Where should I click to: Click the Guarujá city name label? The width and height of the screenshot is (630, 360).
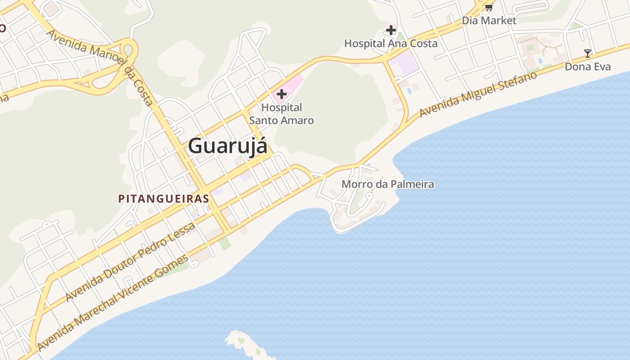point(227,146)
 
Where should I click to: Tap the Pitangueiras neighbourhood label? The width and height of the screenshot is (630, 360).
point(164,198)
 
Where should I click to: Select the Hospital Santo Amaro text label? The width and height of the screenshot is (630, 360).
point(282,114)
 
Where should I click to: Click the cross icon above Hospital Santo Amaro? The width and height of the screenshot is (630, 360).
point(282,94)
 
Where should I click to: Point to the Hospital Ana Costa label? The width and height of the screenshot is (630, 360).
point(391,44)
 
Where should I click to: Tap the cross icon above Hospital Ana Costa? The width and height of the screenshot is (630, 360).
point(391,30)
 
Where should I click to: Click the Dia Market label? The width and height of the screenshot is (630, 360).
point(489,20)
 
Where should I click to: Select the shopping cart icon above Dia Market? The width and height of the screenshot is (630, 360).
point(489,7)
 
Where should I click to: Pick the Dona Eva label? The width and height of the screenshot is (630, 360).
point(588,67)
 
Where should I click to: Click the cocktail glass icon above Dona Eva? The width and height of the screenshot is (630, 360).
point(588,54)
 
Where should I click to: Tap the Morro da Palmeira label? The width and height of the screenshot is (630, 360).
point(388,184)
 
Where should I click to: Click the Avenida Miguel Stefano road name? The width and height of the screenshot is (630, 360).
point(478,94)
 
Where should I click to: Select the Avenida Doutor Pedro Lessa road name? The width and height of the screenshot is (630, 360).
point(130,261)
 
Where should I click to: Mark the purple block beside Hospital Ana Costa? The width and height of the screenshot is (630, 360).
point(405,63)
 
